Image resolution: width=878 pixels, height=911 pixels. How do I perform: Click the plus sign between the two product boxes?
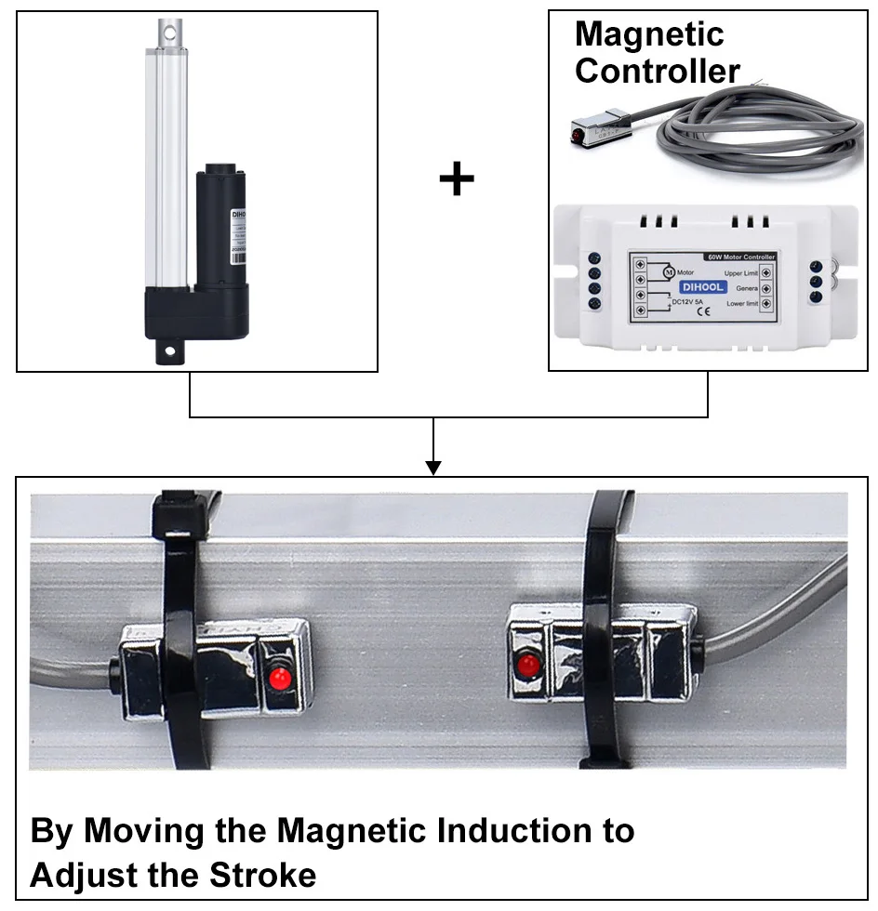pyautogui.click(x=456, y=178)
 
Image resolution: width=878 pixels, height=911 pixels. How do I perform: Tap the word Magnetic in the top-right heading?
pyautogui.click(x=648, y=34)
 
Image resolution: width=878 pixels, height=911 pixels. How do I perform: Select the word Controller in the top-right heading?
pyautogui.click(x=657, y=71)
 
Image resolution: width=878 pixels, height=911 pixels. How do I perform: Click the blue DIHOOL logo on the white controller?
pyautogui.click(x=703, y=287)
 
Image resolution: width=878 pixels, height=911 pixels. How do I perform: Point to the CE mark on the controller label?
pyautogui.click(x=703, y=312)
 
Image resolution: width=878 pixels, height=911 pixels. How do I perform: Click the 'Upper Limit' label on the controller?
pyautogui.click(x=740, y=272)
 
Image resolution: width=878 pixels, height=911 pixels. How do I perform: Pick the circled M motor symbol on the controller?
pyautogui.click(x=667, y=272)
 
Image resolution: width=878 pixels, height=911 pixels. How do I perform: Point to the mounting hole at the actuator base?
pyautogui.click(x=170, y=351)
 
